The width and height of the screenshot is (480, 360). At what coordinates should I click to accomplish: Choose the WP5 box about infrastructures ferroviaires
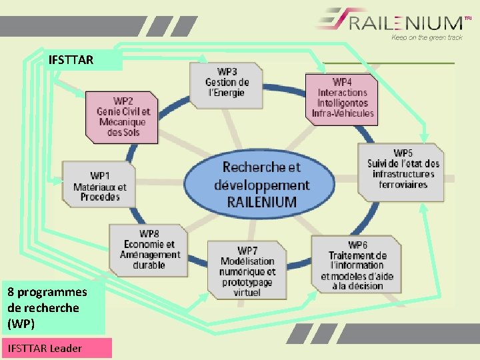coord(403,171)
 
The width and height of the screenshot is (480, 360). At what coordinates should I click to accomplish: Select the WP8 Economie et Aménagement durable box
coord(149,249)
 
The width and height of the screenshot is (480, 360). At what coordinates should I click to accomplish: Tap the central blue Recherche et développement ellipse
coord(261,184)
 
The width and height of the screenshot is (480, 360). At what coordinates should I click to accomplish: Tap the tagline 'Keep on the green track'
coord(427,38)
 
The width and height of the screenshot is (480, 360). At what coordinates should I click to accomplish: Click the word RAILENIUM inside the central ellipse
coord(261,201)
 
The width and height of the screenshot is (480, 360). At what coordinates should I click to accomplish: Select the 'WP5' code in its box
coord(403,153)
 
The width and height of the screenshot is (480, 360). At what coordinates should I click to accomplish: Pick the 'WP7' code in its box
coord(247,251)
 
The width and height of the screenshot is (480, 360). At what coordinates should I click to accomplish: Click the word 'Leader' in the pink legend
coord(66,348)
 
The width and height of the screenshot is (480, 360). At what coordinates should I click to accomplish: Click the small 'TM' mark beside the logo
coord(467,18)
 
